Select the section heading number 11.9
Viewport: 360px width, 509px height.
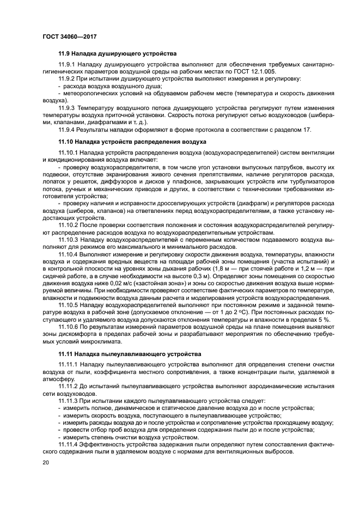click(65, 54)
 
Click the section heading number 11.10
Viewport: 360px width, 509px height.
click(66, 142)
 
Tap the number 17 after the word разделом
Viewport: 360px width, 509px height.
click(308, 130)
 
